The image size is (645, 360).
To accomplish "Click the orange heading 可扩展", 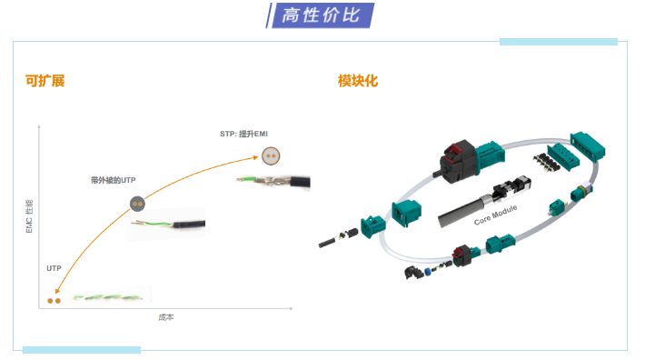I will (45, 81).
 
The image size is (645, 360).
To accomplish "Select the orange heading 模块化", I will (357, 81).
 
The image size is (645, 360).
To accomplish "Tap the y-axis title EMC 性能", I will (29, 218).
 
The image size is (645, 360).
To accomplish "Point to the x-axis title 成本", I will (165, 317).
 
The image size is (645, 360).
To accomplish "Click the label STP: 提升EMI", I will (244, 133).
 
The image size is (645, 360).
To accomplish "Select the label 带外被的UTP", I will (114, 180).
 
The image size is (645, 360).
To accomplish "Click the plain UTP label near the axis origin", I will (54, 269).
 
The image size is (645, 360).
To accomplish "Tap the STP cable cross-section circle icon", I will (269, 155).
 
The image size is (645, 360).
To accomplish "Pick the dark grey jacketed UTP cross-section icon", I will (137, 205).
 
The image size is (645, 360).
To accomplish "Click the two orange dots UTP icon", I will (55, 298).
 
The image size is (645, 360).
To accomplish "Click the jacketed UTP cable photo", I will (165, 224).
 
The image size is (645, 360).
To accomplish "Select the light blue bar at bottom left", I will (82, 350).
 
